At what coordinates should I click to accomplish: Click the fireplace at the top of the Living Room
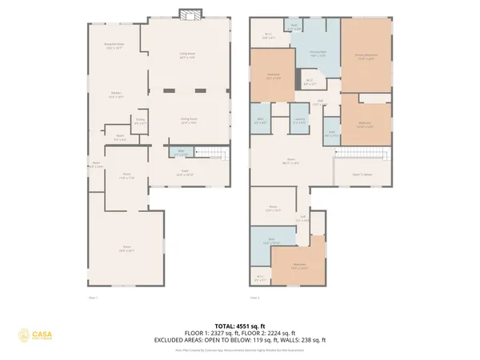[190, 15]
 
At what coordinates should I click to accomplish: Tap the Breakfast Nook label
[114, 46]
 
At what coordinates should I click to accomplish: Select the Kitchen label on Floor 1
[116, 95]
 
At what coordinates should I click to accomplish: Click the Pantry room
[139, 122]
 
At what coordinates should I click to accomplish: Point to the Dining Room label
[189, 121]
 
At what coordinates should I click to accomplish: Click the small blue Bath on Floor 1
[182, 152]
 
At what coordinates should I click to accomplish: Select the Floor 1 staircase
[210, 152]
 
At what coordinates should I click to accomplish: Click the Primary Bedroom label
[366, 57]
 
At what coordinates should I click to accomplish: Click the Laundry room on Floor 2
[299, 121]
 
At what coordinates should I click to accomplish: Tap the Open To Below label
[362, 174]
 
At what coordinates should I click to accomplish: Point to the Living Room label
[188, 56]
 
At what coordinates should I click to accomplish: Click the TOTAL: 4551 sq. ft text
[240, 326]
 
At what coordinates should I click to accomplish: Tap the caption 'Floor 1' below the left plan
[92, 298]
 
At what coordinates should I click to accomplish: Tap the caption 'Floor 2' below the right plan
[254, 298]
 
